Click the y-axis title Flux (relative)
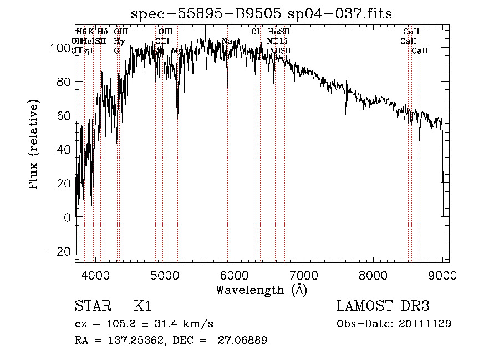pyautogui.click(x=34, y=145)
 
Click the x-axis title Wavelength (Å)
pyautogui.click(x=261, y=290)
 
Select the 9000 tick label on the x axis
pyautogui.click(x=442, y=275)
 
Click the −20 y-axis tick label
pyautogui.click(x=58, y=251)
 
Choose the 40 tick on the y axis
pyautogui.click(x=63, y=149)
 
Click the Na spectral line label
pyautogui.click(x=227, y=41)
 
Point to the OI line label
pyautogui.click(x=256, y=32)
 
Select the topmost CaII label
pyautogui.click(x=411, y=32)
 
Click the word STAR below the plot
pyautogui.click(x=92, y=306)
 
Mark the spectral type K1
pyautogui.click(x=142, y=306)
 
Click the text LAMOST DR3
pyautogui.click(x=383, y=306)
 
